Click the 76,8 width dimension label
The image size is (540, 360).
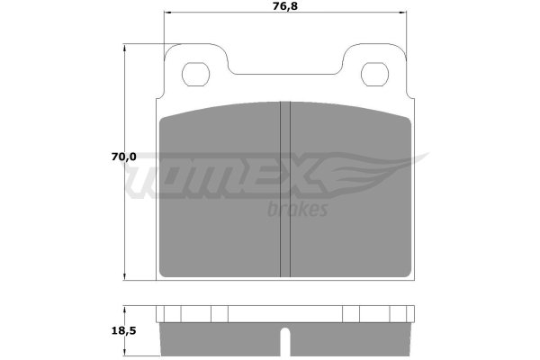(285, 6)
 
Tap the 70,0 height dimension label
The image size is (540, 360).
(124, 157)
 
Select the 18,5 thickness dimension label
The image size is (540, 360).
(124, 330)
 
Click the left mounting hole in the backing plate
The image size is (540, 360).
(195, 75)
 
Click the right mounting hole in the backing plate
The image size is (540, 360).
(374, 75)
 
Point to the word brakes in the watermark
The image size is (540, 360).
(298, 209)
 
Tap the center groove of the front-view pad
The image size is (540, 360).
(285, 189)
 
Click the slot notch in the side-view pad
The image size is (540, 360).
(285, 342)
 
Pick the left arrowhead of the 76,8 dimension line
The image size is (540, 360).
(167, 13)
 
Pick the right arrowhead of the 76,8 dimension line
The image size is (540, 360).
(403, 13)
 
